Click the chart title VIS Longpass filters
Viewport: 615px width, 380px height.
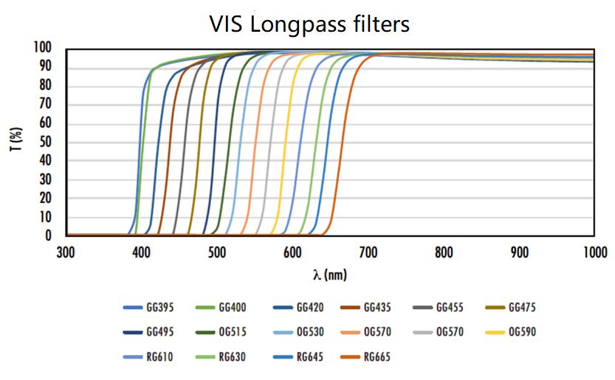tap(308, 24)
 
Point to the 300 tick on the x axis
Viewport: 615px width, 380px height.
tap(66, 252)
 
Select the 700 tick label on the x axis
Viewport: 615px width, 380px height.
tap(367, 252)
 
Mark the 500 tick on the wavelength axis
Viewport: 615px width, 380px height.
tap(216, 252)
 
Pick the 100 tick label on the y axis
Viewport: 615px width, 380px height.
tap(42, 48)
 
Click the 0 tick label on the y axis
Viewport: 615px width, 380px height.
tap(48, 236)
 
